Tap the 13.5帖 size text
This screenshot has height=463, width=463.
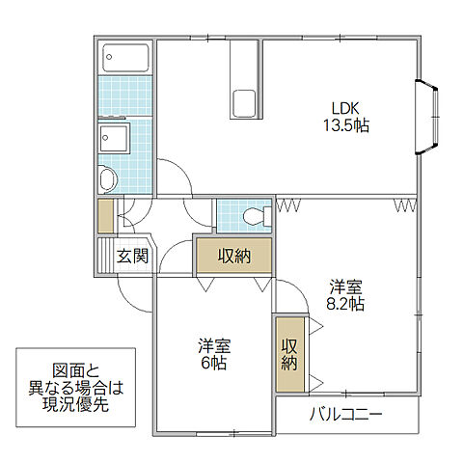coord(346,125)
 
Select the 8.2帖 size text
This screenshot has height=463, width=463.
coord(345,304)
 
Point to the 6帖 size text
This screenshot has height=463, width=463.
coord(213,363)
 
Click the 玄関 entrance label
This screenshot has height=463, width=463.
coord(133,257)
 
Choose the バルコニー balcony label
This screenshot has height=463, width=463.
coord(346,415)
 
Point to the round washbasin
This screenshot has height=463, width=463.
coord(106,178)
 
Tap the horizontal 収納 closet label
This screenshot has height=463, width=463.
coord(232,256)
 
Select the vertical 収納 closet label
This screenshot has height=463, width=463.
coord(289,354)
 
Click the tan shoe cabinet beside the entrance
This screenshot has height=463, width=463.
coord(104,215)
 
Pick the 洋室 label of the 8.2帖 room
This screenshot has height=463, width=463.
coord(345,286)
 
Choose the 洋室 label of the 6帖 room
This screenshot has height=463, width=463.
coord(213,344)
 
